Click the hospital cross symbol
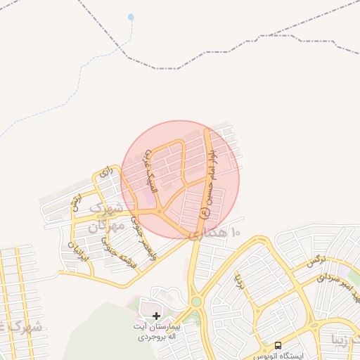(156, 316)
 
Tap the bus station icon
(278, 346)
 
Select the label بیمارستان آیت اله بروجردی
(160, 332)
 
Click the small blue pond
(130, 17)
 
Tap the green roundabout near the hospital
(196, 302)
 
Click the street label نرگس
(316, 262)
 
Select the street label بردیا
(240, 281)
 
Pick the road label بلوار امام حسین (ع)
(211, 176)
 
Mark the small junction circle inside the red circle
(160, 212)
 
